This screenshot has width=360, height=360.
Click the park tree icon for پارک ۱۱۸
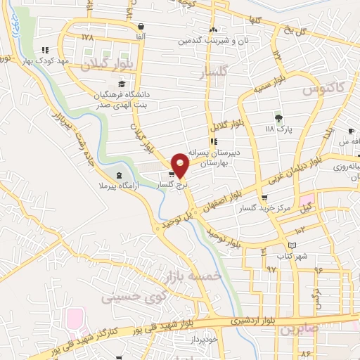[x=279, y=117]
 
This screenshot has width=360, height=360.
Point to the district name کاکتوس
[x=321, y=90]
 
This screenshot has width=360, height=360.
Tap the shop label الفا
[x=142, y=36]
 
